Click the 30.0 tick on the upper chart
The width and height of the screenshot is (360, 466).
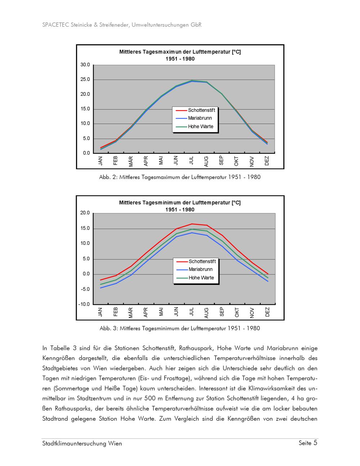(85, 65)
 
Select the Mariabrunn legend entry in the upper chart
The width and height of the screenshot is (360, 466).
(200, 118)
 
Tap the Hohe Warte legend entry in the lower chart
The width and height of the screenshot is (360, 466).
(201, 278)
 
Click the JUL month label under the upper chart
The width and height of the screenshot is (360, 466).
(191, 161)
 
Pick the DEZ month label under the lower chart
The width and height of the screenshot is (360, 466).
(267, 312)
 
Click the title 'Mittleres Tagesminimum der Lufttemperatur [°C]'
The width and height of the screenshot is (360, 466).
(180, 203)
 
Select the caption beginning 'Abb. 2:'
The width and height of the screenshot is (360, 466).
(180, 177)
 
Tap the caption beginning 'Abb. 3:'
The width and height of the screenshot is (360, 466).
(180, 328)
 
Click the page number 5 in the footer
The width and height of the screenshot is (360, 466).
(315, 443)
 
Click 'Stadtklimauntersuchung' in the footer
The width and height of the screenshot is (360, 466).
(74, 444)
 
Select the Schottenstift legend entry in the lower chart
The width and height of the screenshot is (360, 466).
(202, 261)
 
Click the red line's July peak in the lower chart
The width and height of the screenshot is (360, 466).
(192, 224)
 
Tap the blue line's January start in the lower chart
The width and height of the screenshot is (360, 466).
(100, 288)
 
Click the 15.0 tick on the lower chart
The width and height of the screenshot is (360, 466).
(85, 228)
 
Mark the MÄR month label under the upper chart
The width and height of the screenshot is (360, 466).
(131, 161)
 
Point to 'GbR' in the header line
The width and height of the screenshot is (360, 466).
(196, 25)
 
